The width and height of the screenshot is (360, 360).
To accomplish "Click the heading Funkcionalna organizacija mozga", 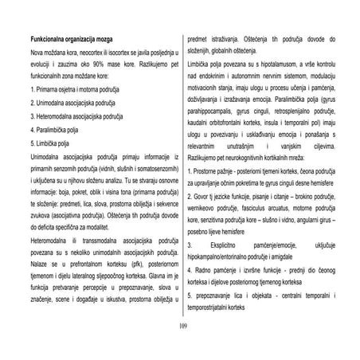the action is pos(75,38).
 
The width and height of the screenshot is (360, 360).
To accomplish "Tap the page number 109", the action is pos(179,325).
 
